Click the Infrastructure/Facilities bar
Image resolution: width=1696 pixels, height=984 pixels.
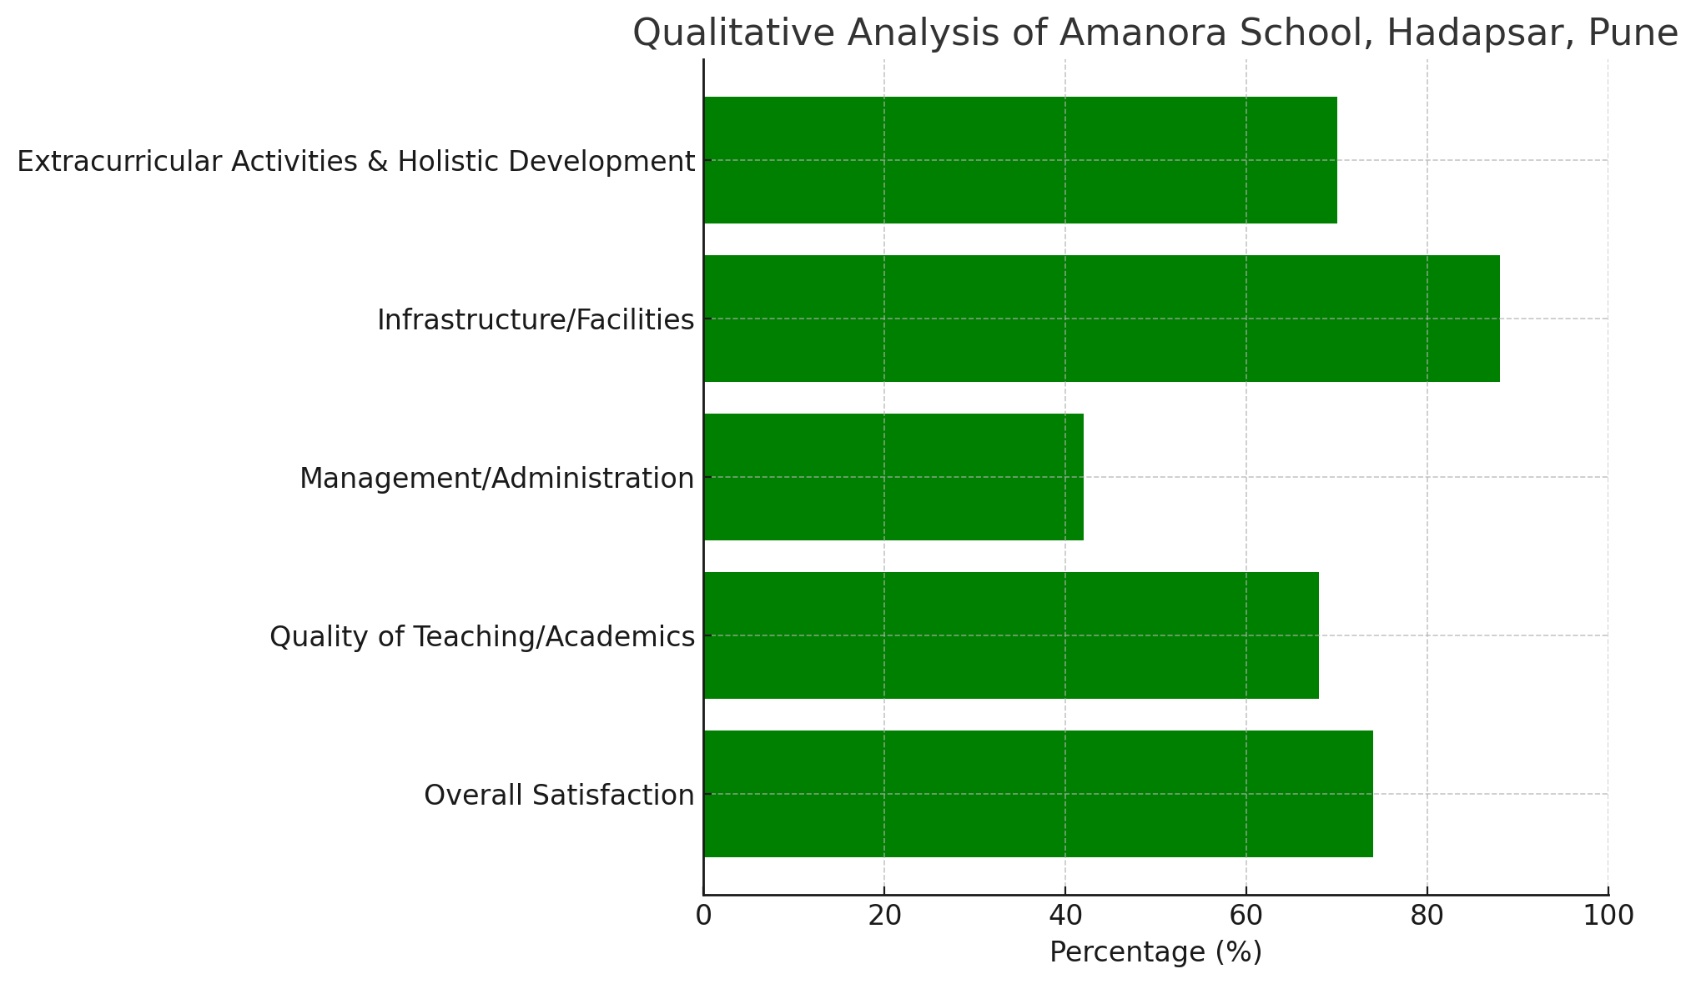pos(1101,319)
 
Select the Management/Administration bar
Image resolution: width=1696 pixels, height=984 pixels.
pos(893,477)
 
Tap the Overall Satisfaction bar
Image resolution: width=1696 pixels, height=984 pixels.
pos(1038,794)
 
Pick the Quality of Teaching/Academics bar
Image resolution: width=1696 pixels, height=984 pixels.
pos(1011,635)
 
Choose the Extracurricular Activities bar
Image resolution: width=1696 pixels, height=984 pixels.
pos(1020,160)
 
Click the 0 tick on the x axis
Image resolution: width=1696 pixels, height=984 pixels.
pos(703,916)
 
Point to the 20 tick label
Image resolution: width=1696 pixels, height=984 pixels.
pos(884,916)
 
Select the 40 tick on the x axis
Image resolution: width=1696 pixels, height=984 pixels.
pos(1065,916)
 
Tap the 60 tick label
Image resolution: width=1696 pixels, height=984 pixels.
pos(1246,916)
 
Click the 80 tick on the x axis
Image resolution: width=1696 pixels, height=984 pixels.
pos(1427,916)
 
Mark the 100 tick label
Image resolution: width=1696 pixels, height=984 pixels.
pos(1608,916)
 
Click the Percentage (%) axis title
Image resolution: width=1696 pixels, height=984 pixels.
pos(1155,952)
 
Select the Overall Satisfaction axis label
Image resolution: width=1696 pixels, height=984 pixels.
pos(559,796)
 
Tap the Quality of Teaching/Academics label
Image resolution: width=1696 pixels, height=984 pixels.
pos(482,637)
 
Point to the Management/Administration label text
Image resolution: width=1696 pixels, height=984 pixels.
pos(496,479)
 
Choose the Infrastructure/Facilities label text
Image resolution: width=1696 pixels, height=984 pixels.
pos(536,320)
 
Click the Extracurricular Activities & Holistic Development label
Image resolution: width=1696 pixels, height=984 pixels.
pos(355,162)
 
